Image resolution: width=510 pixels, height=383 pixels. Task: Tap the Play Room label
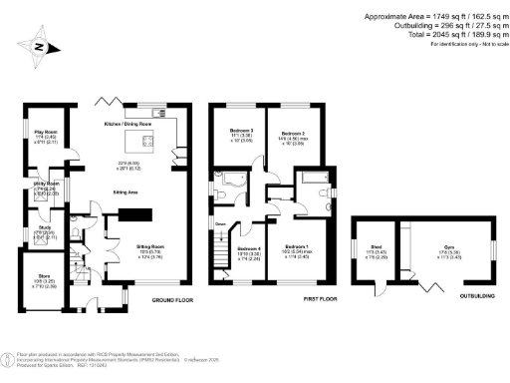[x=46, y=132]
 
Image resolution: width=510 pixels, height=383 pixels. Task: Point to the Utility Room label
[x=47, y=185]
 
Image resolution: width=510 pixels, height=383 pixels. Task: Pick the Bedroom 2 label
[x=291, y=132]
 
